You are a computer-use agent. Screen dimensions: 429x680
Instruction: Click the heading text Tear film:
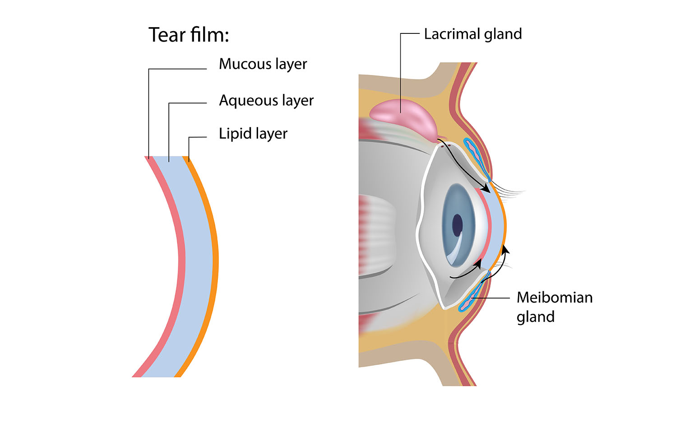189,35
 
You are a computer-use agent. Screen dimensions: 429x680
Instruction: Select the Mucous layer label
263,64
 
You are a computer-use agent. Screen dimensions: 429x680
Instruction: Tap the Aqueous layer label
266,100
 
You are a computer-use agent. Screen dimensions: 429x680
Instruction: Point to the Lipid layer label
253,134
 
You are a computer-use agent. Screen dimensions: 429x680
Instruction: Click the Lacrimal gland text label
473,34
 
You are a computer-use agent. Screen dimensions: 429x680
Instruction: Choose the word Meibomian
555,298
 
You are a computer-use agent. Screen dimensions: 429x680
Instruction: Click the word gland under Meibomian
535,317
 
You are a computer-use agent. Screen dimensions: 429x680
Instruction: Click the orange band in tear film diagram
216,262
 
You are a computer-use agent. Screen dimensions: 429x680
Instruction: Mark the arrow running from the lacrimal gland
465,165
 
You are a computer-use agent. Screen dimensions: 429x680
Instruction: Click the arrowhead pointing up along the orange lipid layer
505,249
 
